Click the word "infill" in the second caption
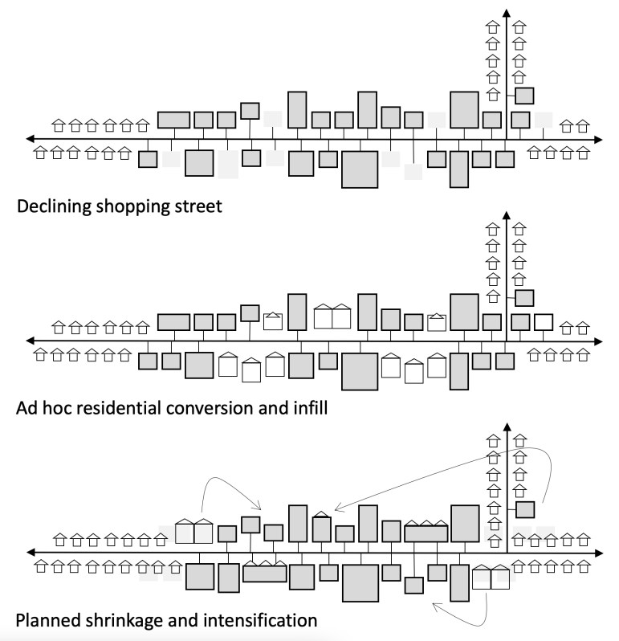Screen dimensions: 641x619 306,409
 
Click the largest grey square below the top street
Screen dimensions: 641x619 359,169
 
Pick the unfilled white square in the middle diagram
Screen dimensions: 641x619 544,322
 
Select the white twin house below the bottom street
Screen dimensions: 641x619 491,578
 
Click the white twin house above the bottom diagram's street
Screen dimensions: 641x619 193,529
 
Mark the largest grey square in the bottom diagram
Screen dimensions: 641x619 360,582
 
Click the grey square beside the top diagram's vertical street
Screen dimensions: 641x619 524,96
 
